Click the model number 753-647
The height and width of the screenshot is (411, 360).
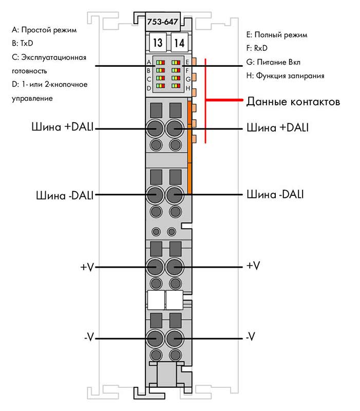click(x=162, y=22)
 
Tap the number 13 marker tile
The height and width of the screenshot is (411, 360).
click(x=158, y=43)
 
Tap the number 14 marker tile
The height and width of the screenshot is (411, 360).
click(x=179, y=43)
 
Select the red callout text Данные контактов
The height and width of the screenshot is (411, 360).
click(x=293, y=101)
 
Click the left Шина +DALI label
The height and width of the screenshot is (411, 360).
click(x=62, y=127)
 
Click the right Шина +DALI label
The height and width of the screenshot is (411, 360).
click(x=278, y=127)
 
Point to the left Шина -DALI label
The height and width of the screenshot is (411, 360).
click(x=65, y=196)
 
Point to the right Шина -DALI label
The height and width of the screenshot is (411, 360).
click(x=275, y=194)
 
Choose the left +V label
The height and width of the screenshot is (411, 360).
click(x=87, y=267)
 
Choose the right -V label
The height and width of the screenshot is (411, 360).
click(x=251, y=337)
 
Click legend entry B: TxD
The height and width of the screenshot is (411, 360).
click(x=23, y=43)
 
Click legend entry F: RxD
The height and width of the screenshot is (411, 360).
click(x=257, y=48)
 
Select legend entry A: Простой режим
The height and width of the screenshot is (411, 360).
click(x=44, y=30)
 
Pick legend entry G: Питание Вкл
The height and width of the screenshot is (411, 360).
click(x=273, y=62)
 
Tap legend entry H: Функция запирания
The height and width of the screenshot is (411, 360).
click(x=286, y=76)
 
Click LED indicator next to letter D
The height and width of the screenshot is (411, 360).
click(x=160, y=86)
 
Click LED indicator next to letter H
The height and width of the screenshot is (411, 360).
click(x=176, y=86)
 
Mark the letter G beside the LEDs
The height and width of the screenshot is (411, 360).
click(x=188, y=79)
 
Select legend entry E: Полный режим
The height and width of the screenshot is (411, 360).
click(x=277, y=35)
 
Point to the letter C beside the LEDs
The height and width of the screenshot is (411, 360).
click(x=149, y=79)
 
